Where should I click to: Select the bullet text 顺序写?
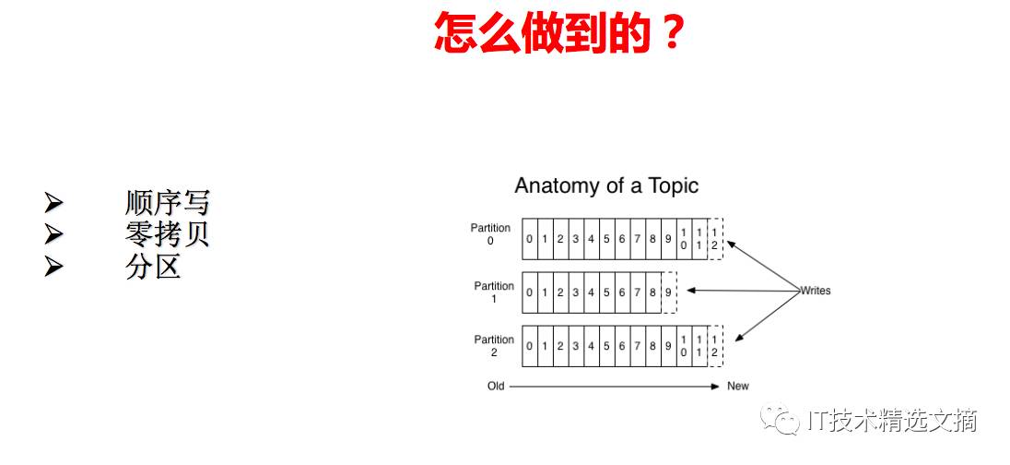point(167,202)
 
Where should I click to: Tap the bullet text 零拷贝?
point(167,234)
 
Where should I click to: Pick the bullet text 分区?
point(153,267)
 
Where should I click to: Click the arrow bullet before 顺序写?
point(53,202)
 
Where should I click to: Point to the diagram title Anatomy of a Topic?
point(606,185)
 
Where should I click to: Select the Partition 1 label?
point(494,292)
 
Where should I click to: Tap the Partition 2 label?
point(494,346)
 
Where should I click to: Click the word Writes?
point(815,291)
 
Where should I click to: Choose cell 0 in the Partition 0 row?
point(530,240)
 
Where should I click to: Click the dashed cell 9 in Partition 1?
point(669,292)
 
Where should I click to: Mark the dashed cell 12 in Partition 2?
point(715,346)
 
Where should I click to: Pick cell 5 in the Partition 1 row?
point(606,292)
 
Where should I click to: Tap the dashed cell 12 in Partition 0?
point(715,239)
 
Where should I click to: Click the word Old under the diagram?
point(496,386)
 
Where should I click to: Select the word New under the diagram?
point(738,386)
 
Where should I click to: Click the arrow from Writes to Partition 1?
point(742,291)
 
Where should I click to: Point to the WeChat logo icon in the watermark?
point(786,421)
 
